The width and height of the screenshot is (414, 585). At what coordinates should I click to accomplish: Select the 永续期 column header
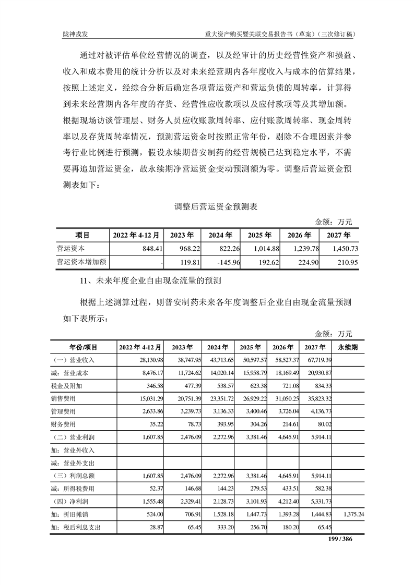(348, 347)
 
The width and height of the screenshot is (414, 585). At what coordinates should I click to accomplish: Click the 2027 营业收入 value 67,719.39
(315, 360)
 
